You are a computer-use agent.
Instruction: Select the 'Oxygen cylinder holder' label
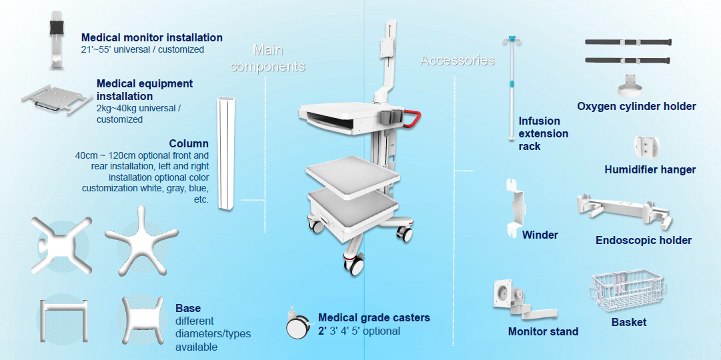coord(636,106)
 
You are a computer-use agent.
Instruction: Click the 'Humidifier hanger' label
coord(650,169)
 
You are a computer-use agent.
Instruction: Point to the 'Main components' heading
coord(268,59)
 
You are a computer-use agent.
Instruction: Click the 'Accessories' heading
coord(457,61)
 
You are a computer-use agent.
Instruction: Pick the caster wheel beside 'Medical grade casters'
coord(297,325)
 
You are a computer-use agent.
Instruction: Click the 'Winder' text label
coord(540,235)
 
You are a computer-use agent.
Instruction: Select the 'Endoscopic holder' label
coord(643,240)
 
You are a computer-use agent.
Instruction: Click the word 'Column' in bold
coord(189,143)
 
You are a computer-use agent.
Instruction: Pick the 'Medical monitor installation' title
coord(152,37)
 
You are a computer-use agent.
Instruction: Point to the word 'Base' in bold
coord(188,309)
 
